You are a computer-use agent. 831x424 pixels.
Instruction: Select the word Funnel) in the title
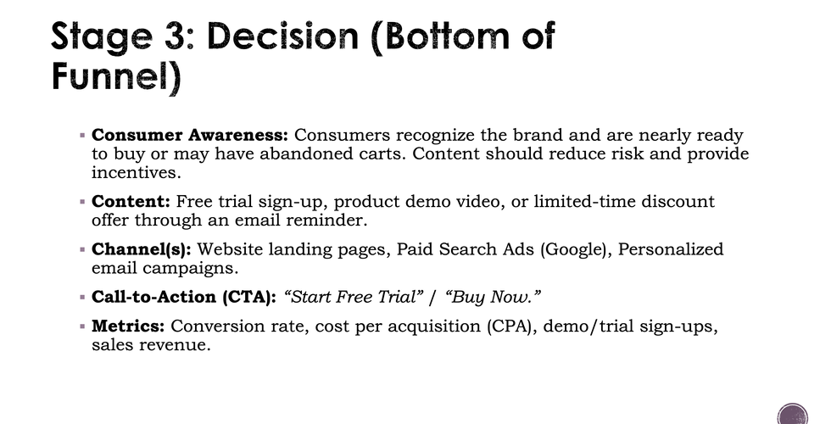click(x=116, y=77)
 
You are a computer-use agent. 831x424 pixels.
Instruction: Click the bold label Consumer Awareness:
click(x=190, y=136)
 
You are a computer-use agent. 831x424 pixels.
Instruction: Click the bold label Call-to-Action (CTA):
click(x=184, y=298)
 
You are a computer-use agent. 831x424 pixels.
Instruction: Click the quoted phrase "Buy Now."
click(x=494, y=298)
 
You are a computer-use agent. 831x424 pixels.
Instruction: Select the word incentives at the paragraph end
click(x=135, y=172)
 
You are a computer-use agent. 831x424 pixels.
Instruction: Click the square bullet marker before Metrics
click(x=82, y=326)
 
